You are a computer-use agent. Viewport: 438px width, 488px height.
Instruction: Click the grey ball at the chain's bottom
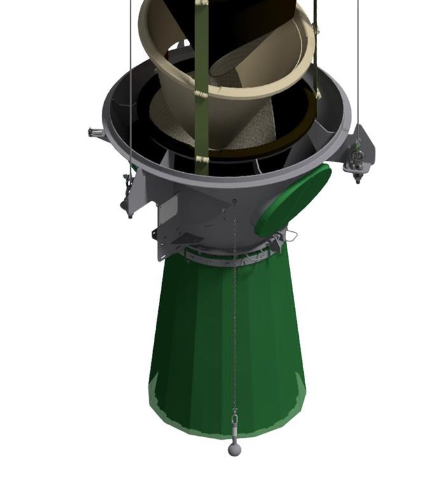coord(235,449)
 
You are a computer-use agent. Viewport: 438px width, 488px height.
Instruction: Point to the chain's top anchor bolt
coord(235,201)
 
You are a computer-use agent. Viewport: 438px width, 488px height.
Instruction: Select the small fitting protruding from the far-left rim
coord(96,132)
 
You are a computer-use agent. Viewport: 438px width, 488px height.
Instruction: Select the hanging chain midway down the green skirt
coord(235,318)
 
